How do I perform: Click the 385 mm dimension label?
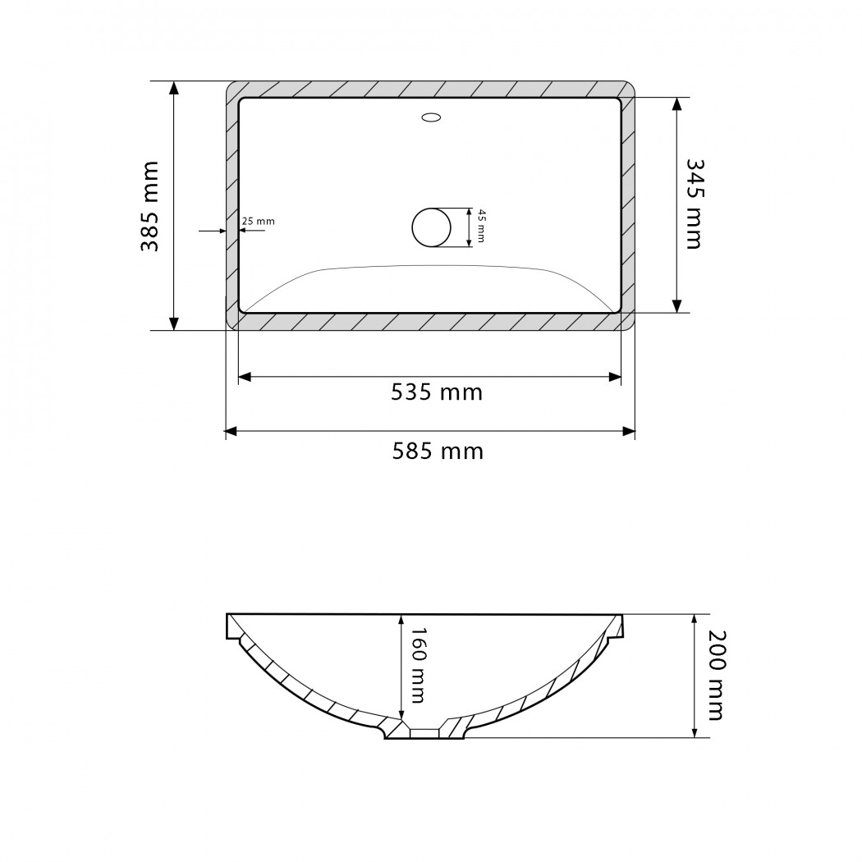click(x=149, y=206)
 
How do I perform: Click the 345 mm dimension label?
click(x=695, y=204)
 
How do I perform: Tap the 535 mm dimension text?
click(x=437, y=392)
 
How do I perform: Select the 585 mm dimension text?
click(x=438, y=452)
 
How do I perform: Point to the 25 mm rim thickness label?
click(x=258, y=221)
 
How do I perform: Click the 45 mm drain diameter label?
click(x=480, y=226)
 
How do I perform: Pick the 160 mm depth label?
click(x=418, y=666)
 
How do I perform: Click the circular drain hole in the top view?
click(x=432, y=227)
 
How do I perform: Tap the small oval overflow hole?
click(x=432, y=117)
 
